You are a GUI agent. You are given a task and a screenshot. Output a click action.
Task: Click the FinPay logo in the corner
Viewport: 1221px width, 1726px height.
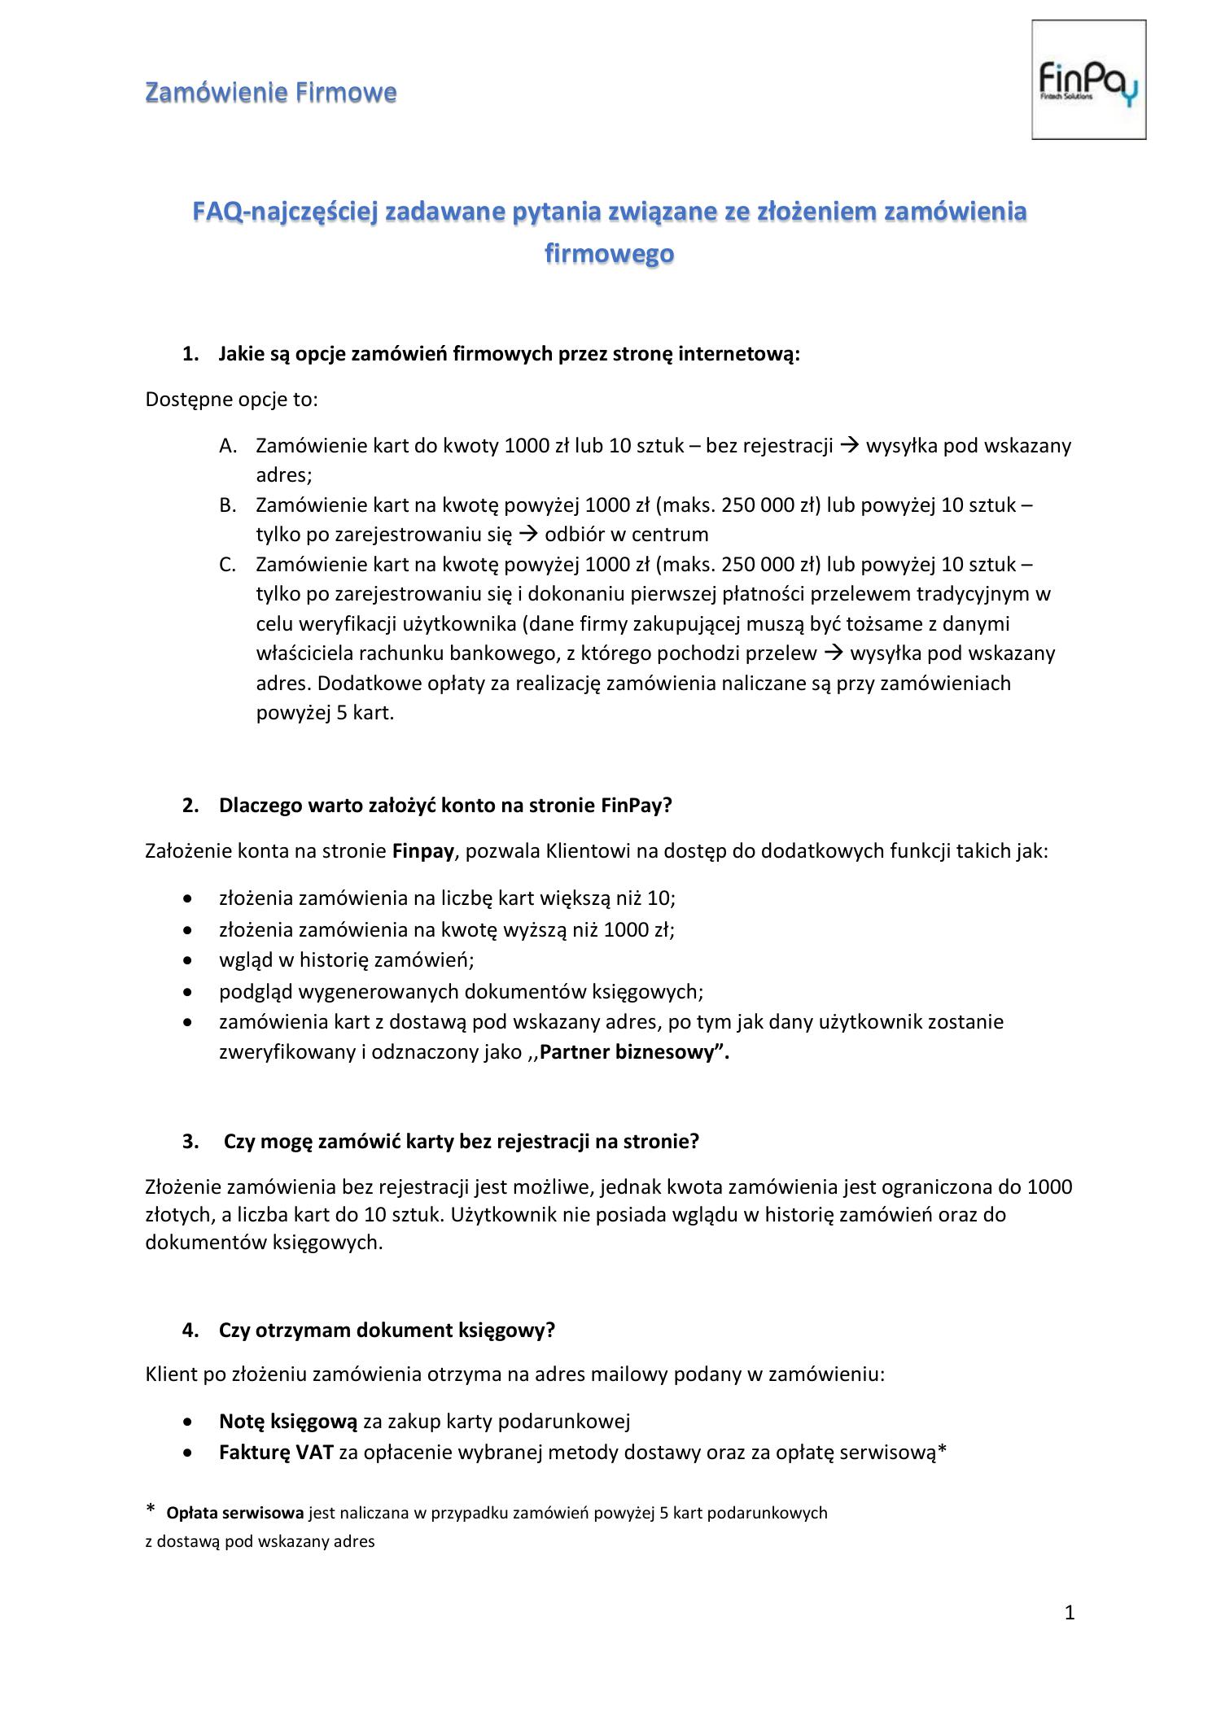(x=1088, y=80)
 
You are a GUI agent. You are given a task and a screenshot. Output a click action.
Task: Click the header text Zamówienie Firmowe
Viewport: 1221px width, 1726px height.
(x=270, y=93)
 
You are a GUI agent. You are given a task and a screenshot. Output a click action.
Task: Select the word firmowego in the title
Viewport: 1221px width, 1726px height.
(x=609, y=254)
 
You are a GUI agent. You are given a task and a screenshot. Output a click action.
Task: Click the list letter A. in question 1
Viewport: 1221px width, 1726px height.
(x=228, y=446)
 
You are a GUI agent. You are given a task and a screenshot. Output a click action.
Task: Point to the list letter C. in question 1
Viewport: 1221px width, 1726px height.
(x=228, y=565)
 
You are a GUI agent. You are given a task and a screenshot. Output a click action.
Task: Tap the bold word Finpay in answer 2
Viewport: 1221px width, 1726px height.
(x=422, y=851)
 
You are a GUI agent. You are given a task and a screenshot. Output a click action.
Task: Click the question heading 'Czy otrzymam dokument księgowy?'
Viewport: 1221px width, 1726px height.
(x=387, y=1330)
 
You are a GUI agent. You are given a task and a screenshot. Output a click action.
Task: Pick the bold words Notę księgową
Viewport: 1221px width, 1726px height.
(x=288, y=1421)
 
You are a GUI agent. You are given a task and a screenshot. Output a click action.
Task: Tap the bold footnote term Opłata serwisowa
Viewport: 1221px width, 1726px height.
(x=234, y=1513)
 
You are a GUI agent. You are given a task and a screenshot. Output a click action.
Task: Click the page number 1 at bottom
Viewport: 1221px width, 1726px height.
(x=1070, y=1613)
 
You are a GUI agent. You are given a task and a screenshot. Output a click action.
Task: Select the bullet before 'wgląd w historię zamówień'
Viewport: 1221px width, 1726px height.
(x=189, y=960)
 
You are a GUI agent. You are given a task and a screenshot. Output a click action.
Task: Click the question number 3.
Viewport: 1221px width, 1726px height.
(x=190, y=1141)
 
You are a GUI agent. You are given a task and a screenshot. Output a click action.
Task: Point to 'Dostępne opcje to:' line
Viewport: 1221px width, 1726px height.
(x=231, y=400)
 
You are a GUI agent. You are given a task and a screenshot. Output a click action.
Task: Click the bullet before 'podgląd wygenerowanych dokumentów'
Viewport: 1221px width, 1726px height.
(x=189, y=992)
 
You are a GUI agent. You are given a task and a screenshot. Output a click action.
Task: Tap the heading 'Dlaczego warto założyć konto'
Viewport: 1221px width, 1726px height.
(x=444, y=805)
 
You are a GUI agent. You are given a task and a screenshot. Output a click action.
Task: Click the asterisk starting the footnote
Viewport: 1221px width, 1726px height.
(x=150, y=1510)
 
